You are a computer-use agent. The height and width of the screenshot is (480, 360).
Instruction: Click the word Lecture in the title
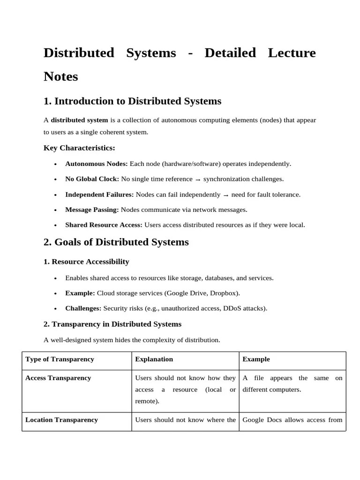pyautogui.click(x=292, y=53)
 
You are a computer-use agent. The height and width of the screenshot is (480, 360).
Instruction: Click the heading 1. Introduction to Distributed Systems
pyautogui.click(x=132, y=101)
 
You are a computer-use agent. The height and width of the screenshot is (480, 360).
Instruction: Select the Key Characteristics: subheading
pyautogui.click(x=79, y=148)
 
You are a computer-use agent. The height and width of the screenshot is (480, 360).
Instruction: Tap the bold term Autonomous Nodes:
pyautogui.click(x=96, y=164)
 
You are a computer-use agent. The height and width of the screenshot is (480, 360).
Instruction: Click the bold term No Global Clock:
pyautogui.click(x=92, y=179)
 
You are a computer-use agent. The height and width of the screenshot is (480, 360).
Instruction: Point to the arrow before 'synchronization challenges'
pyautogui.click(x=198, y=180)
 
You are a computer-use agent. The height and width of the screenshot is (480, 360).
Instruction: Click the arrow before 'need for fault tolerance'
pyautogui.click(x=226, y=195)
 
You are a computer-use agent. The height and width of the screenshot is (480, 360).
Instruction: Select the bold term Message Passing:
pyautogui.click(x=92, y=210)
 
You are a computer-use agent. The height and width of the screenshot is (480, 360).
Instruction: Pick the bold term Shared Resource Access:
pyautogui.click(x=104, y=225)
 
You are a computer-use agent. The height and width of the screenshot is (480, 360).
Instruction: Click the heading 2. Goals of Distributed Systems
pyautogui.click(x=116, y=242)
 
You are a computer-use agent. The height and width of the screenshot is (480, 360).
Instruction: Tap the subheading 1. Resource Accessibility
pyautogui.click(x=86, y=262)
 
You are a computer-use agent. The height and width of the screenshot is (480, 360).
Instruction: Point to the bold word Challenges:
pyautogui.click(x=83, y=308)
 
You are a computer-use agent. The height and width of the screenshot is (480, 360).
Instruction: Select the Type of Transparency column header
pyautogui.click(x=60, y=360)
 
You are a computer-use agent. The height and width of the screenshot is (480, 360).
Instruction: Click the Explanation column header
pyautogui.click(x=154, y=360)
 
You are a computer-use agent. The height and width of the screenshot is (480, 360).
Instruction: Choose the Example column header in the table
pyautogui.click(x=256, y=360)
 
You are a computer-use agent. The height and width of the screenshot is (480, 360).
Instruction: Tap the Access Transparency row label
pyautogui.click(x=58, y=378)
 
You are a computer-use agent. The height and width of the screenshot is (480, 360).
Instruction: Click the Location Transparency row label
pyautogui.click(x=61, y=420)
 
